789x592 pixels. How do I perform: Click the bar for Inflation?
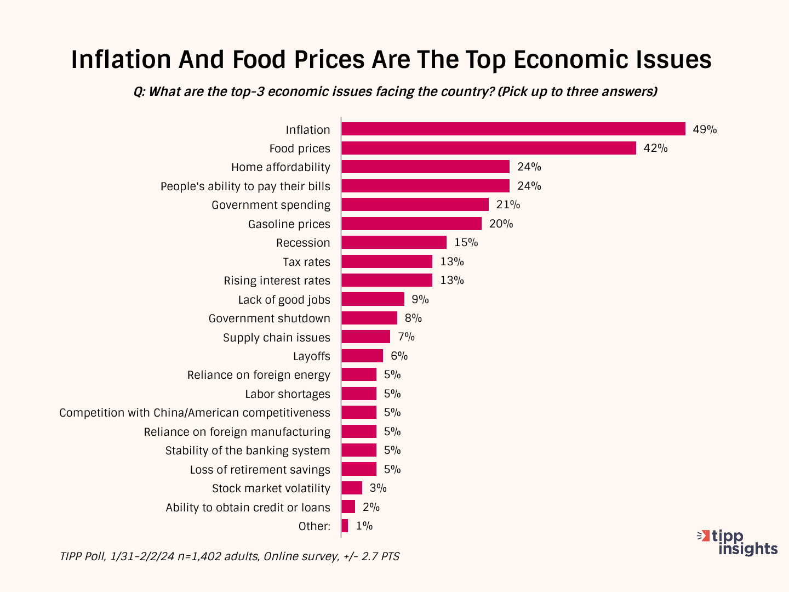point(513,129)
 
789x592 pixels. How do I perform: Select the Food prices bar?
point(488,148)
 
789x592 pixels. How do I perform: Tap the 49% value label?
point(705,129)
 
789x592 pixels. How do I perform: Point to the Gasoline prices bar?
point(411,224)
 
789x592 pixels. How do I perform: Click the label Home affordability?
point(281,167)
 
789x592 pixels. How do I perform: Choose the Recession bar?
point(393,242)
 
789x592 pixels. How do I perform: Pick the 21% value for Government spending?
point(508,204)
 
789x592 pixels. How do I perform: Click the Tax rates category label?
point(306,262)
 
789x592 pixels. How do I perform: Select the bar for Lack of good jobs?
point(373,299)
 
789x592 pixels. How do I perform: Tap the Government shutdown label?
point(269,318)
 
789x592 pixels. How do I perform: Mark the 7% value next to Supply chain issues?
point(406,337)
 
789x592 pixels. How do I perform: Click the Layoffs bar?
point(362,356)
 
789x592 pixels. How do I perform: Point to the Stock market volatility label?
point(271,488)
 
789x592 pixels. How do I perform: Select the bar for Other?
point(345,526)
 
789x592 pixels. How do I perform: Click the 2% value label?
point(371,507)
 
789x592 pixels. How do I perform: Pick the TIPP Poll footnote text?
point(229,556)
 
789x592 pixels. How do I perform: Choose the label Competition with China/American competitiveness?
point(195,413)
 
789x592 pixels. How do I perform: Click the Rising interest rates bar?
point(386,280)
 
